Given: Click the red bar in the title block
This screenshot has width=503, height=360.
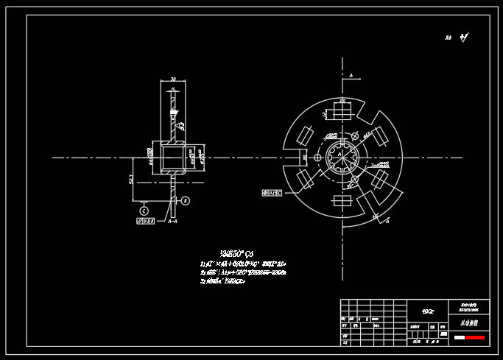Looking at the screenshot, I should (474, 337).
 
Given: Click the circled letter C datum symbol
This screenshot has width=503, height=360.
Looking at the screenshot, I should (144, 210).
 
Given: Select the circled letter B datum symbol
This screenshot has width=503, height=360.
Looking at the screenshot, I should (186, 200).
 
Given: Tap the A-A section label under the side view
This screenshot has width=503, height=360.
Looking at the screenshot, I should (172, 221).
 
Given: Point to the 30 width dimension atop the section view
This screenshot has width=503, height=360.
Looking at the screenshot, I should (172, 79).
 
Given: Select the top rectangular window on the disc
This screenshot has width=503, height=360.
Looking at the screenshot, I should (342, 112).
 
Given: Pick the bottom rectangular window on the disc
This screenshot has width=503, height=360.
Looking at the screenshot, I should (342, 201).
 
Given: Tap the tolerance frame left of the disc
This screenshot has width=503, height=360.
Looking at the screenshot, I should (272, 193).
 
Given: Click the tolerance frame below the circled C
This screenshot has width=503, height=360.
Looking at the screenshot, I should (145, 221).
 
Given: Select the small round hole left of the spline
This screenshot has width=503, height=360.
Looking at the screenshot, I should (318, 158).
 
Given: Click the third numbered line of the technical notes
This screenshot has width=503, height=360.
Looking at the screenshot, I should (223, 280).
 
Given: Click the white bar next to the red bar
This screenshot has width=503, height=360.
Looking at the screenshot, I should (459, 337).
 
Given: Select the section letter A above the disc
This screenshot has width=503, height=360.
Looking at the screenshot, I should (351, 76).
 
